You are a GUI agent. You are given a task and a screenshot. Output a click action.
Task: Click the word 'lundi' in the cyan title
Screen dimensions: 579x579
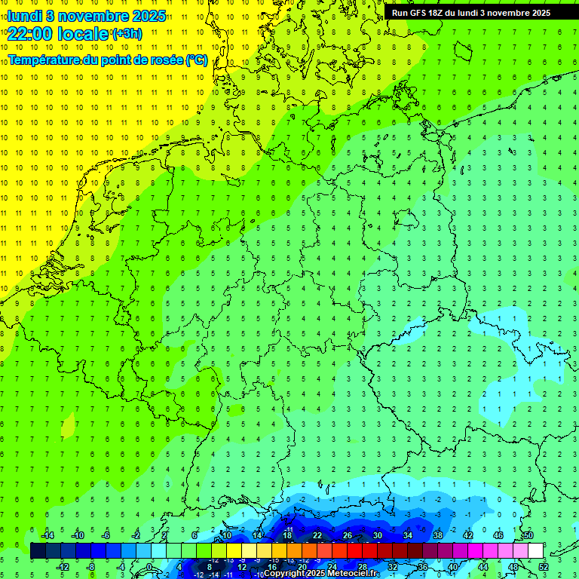(24, 16)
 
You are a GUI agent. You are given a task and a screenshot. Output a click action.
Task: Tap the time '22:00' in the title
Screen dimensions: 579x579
(29, 33)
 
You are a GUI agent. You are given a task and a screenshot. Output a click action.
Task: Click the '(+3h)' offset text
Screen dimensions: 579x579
(126, 33)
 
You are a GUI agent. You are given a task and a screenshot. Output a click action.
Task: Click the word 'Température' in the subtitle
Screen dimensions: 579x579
(41, 60)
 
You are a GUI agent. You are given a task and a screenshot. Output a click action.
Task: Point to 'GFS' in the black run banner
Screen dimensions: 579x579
(419, 12)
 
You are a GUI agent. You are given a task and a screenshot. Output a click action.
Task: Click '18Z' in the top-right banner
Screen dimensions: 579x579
(440, 12)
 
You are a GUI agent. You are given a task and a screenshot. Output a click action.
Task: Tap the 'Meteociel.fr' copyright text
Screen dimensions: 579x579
(354, 574)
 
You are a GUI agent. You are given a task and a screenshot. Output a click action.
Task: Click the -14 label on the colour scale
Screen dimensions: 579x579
(47, 535)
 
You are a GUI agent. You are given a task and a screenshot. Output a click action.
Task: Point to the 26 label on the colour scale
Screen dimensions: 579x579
(348, 535)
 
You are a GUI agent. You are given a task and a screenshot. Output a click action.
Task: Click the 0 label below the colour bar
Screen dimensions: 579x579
(149, 567)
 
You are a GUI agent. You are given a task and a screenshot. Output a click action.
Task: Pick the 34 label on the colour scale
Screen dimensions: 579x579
(408, 535)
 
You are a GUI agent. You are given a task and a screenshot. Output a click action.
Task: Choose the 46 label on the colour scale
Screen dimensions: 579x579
(498, 535)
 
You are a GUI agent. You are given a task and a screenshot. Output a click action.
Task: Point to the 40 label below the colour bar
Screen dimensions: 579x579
(453, 567)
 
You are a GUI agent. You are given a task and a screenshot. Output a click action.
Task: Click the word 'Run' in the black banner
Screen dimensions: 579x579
(400, 12)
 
